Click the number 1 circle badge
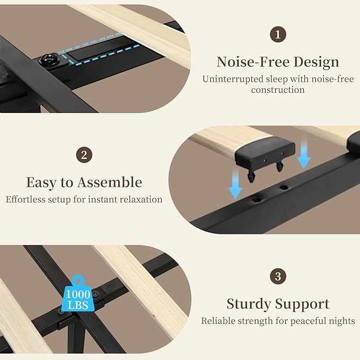pyautogui.click(x=278, y=34)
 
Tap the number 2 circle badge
pyautogui.click(x=84, y=155)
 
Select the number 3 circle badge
pyautogui.click(x=278, y=276)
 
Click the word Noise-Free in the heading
pyautogui.click(x=253, y=62)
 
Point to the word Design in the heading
pyautogui.click(x=317, y=62)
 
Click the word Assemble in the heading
pyautogui.click(x=110, y=182)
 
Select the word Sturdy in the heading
pyautogui.click(x=249, y=304)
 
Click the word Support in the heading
pyautogui.click(x=302, y=304)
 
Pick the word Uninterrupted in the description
pyautogui.click(x=233, y=80)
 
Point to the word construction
pyautogui.click(x=278, y=90)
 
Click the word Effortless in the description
pyautogui.click(x=25, y=199)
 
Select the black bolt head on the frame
pyautogui.click(x=49, y=60)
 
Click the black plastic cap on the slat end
pyautogui.click(x=265, y=152)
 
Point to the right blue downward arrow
pyautogui.click(x=304, y=152)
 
